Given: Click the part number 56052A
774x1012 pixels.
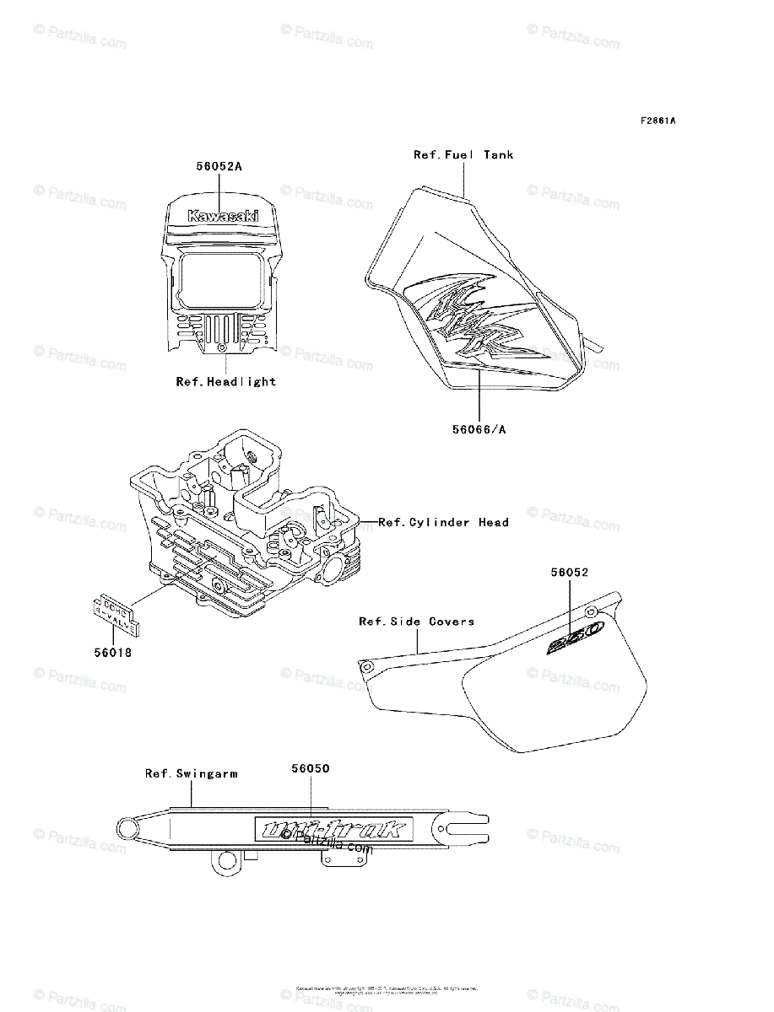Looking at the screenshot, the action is coord(219,167).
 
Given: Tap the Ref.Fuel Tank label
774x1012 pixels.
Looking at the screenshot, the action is coord(463,155).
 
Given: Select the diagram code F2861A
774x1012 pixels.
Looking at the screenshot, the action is coord(658,121).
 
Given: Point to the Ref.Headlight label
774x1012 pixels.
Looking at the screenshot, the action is coord(225,381).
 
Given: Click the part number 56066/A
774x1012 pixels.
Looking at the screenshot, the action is coord(479,428).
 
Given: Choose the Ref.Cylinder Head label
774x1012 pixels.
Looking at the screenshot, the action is coord(443,522).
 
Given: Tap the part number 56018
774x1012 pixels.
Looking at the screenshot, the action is coord(112,652).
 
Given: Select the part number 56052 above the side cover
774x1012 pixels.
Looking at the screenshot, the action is coord(570,572).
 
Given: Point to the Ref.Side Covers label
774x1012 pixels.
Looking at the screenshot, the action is coord(416,622).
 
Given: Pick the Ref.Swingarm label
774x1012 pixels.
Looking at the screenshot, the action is coord(191,772).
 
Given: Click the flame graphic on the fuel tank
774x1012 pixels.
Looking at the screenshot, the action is coord(473,325).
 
